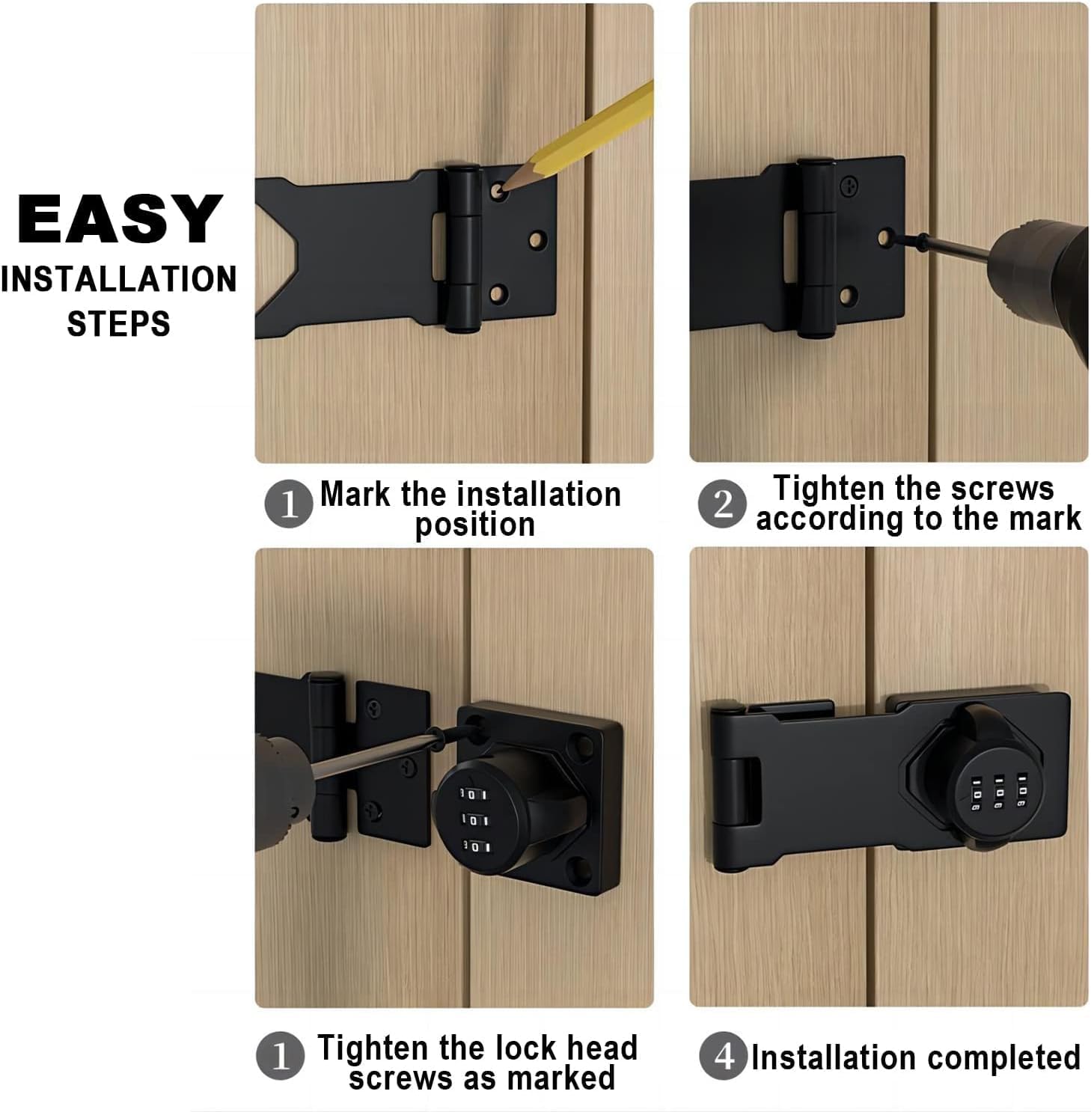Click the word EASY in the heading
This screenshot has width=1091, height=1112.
pyautogui.click(x=120, y=219)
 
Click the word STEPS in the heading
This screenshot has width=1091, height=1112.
pyautogui.click(x=118, y=323)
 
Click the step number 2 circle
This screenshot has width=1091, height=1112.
pyautogui.click(x=722, y=504)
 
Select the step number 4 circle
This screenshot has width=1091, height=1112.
pyautogui.click(x=723, y=1056)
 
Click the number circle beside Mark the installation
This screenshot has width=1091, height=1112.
pyautogui.click(x=288, y=504)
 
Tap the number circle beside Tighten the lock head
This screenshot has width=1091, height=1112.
pyautogui.click(x=280, y=1056)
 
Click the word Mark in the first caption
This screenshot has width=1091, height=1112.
pyautogui.click(x=355, y=495)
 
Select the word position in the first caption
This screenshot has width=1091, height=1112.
pyautogui.click(x=475, y=525)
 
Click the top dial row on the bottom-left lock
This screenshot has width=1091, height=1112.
pyautogui.click(x=474, y=793)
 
